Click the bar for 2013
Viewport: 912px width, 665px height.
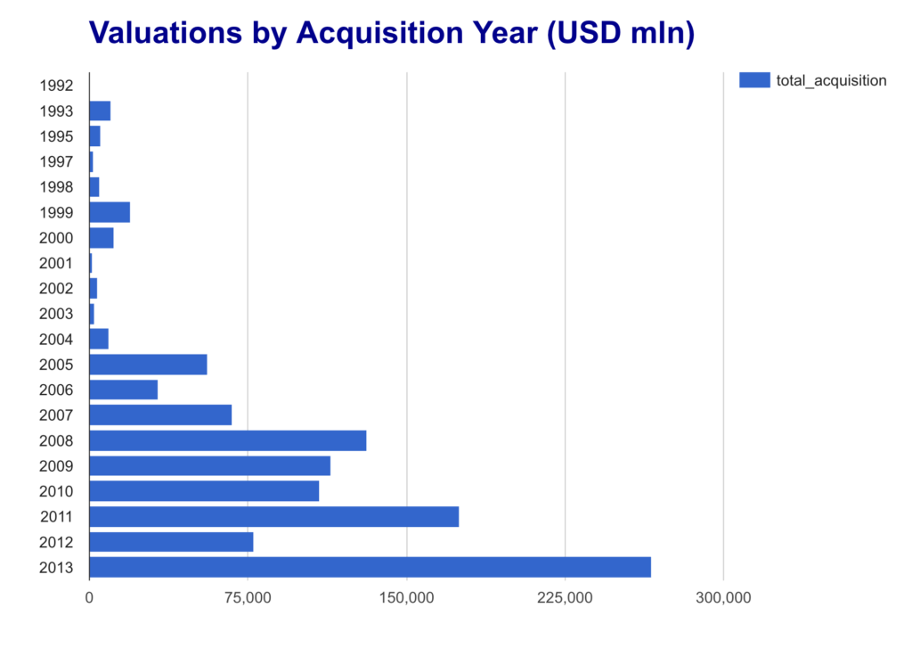tap(370, 567)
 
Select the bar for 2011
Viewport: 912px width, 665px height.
tap(273, 516)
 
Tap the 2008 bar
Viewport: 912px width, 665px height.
tap(227, 440)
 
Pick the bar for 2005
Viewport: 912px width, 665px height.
tap(148, 365)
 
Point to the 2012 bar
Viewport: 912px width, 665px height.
tap(171, 542)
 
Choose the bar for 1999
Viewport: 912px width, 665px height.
tap(110, 212)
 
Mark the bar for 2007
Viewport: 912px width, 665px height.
tap(160, 415)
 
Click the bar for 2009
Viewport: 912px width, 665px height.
tap(209, 466)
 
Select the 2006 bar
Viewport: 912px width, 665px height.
tap(123, 390)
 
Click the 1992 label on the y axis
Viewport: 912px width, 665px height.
tap(56, 86)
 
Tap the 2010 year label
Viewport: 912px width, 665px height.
tap(56, 491)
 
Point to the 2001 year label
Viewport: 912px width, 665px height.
tap(56, 263)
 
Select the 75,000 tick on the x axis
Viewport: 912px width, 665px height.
tap(248, 597)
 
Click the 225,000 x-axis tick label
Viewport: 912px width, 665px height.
tap(565, 597)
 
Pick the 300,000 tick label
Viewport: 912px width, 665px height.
tap(723, 597)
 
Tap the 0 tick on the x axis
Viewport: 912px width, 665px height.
tap(89, 597)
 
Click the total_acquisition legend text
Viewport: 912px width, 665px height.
tap(831, 80)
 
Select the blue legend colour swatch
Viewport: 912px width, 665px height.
tap(754, 80)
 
